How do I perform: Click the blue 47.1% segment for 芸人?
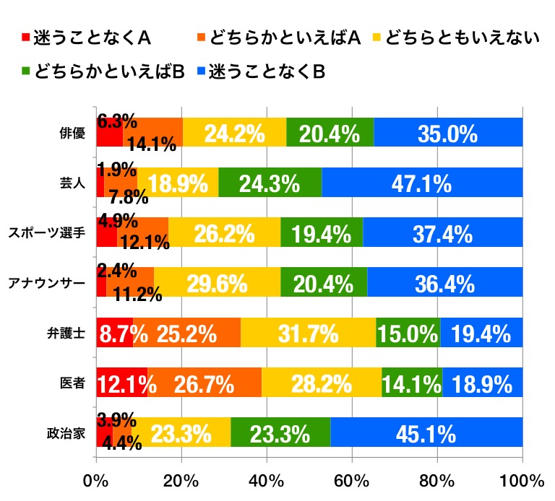422,183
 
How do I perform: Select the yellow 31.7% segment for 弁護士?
309,333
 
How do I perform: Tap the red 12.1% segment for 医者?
121,383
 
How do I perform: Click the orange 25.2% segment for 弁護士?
187,333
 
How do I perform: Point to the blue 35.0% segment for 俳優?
448,133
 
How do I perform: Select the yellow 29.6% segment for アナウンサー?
217,283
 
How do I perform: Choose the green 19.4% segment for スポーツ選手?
322,233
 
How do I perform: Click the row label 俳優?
74,133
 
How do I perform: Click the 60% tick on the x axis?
352,482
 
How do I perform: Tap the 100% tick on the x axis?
519,482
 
